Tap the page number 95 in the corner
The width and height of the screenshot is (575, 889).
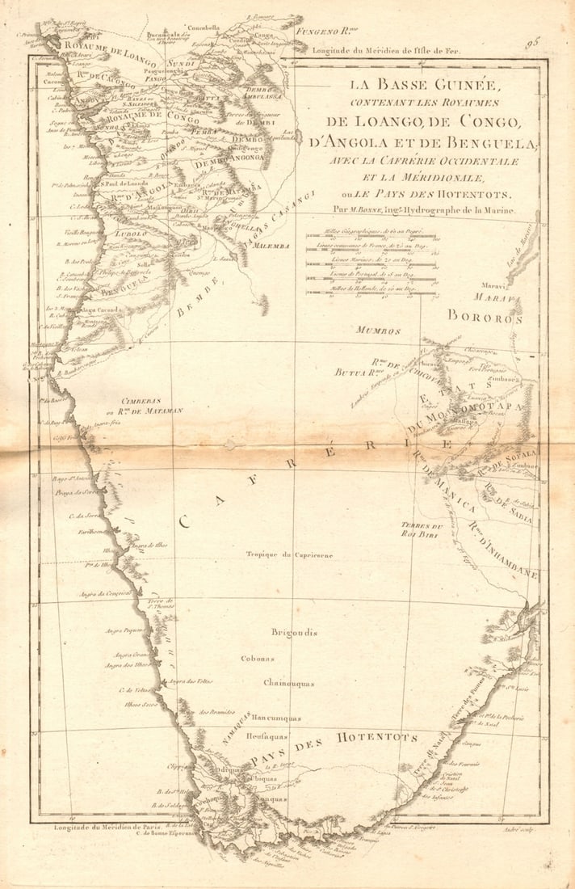(532, 42)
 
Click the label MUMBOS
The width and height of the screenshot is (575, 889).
(379, 331)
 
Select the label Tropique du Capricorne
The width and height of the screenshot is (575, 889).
(290, 554)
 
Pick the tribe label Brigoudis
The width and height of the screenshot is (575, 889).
(294, 632)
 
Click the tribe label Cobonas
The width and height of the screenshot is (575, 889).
(258, 659)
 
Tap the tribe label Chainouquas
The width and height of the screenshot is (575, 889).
(288, 683)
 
